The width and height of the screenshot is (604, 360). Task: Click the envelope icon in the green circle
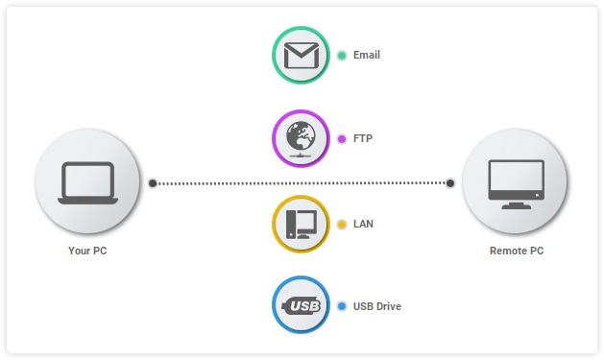coord(301,55)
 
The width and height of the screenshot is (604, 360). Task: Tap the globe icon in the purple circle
coord(301,138)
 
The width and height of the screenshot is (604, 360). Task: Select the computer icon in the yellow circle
coord(301,224)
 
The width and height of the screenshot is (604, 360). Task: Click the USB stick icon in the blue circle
coord(301,306)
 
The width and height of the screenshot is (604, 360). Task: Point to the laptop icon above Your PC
coord(87,182)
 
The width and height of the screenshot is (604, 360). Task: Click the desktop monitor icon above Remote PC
coord(516,182)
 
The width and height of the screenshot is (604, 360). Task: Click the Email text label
coord(367,55)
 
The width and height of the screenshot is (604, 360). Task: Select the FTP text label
coord(363,138)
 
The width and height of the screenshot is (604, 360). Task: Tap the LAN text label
coord(363,224)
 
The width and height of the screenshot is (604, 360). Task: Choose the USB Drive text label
coord(377,306)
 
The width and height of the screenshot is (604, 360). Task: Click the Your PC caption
coord(87,251)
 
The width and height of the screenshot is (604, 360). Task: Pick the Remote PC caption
coord(517,251)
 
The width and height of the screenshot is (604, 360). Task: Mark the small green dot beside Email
coord(341,55)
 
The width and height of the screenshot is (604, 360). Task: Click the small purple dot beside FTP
coord(341,138)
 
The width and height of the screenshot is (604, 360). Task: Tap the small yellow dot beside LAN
coord(341,224)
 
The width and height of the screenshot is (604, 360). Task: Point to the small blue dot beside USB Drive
coord(341,306)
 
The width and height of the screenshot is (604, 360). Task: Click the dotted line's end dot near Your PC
coord(152,182)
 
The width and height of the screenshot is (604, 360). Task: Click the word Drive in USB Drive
coord(389,306)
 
